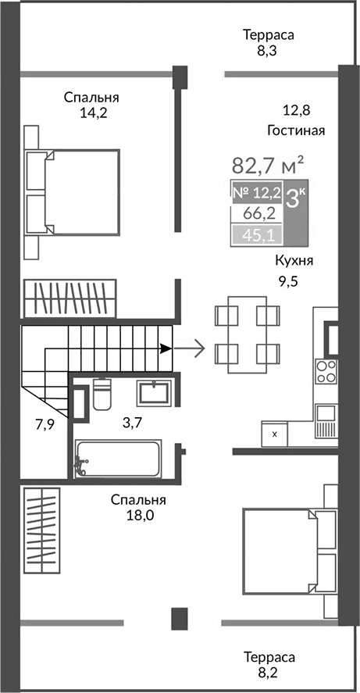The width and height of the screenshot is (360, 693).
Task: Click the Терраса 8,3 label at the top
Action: pos(268,43)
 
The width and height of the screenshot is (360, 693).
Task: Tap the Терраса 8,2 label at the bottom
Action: pos(268,664)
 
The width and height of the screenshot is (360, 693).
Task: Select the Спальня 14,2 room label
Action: pos(91,105)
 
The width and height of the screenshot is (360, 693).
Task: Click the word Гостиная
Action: pos(295,130)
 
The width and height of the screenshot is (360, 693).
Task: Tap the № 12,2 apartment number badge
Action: pos(256,191)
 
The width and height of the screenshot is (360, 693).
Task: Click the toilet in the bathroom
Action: pos(102,395)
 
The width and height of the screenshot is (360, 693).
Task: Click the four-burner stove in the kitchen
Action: pos(326,370)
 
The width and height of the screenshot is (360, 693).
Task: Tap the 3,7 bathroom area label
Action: pos(132,423)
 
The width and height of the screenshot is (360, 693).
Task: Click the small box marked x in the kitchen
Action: pos(274,432)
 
